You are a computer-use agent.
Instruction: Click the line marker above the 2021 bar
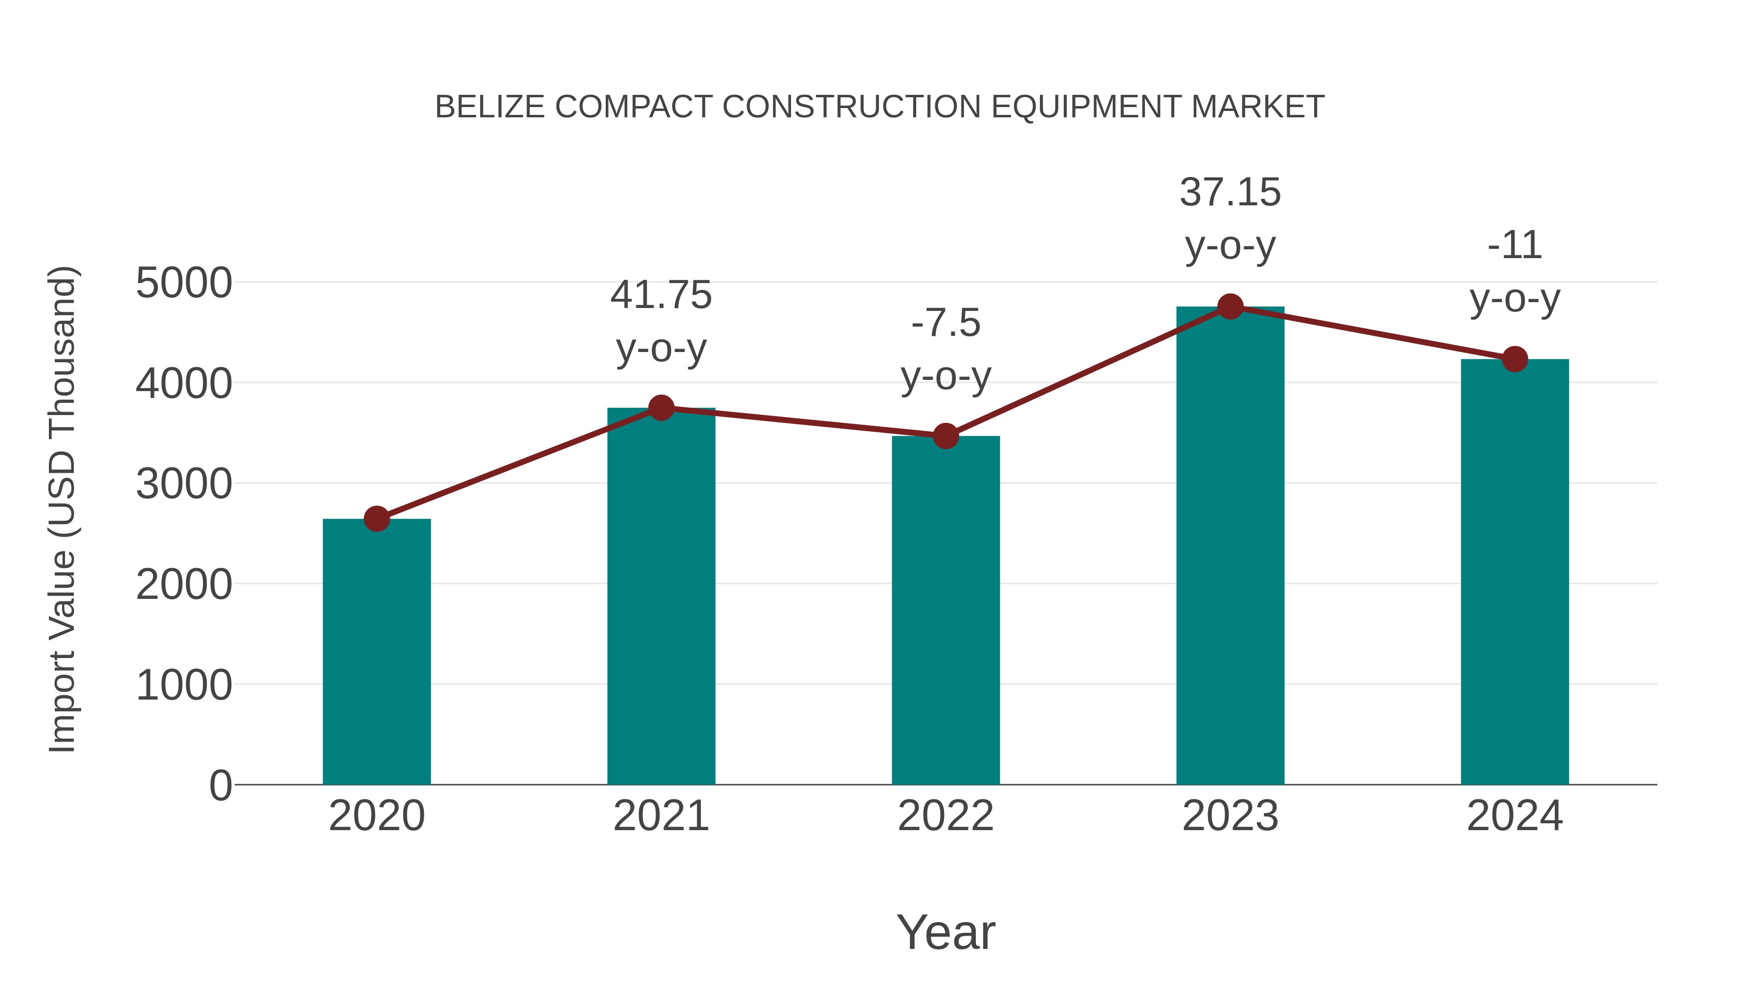(660, 408)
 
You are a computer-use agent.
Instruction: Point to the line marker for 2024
(1515, 359)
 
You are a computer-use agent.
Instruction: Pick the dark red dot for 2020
(376, 519)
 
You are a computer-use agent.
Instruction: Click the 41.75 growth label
(660, 295)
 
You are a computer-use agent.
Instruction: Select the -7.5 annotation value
(946, 323)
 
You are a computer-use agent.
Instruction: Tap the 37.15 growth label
(1230, 192)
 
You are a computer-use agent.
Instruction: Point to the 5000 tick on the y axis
(184, 283)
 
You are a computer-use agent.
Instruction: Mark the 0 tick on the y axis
(220, 785)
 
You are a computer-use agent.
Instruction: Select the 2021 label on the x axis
(660, 816)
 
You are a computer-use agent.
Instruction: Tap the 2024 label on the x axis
(1515, 816)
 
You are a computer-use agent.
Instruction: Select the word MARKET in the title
(1257, 107)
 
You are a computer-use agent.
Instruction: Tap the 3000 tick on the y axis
(184, 484)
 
